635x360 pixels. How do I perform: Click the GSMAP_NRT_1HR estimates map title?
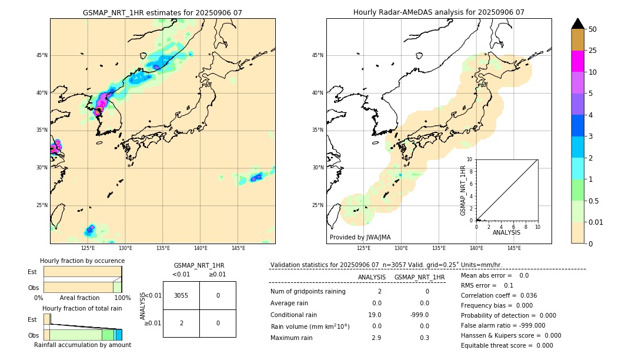[x=162, y=12]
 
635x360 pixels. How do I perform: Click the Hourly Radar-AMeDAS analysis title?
[x=439, y=12]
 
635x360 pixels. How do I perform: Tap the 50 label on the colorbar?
[x=593, y=29]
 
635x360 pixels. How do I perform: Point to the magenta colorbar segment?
[x=577, y=61]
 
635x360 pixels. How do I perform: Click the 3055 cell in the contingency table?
[x=181, y=296]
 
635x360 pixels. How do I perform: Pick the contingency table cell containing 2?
[x=181, y=323]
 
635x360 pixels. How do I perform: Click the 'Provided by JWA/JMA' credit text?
[x=360, y=237]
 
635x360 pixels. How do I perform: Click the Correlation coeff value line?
[x=499, y=295]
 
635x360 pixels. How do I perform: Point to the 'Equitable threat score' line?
[x=507, y=345]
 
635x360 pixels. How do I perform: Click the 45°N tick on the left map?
[x=42, y=55]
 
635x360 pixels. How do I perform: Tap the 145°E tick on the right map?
[x=514, y=248]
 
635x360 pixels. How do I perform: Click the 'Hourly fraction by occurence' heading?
[x=82, y=261]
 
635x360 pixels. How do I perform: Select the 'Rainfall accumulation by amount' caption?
[x=82, y=345]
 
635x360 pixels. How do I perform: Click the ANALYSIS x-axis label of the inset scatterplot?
[x=506, y=233]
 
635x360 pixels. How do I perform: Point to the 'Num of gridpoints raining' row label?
[x=308, y=291]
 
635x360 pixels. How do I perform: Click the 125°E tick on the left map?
[x=88, y=248]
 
